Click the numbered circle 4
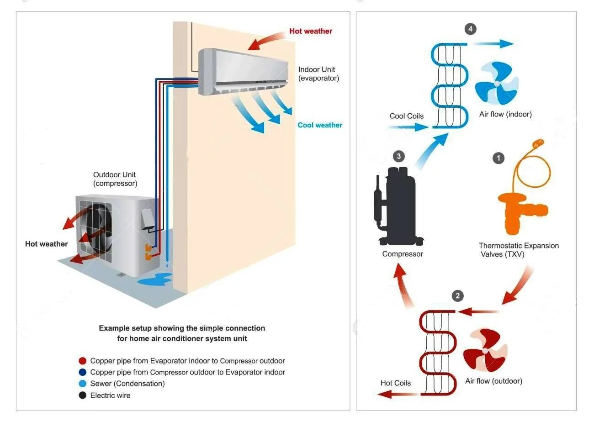pyautogui.click(x=470, y=29)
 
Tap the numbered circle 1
pyautogui.click(x=499, y=158)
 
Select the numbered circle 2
pyautogui.click(x=458, y=296)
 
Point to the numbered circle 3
pyautogui.click(x=399, y=157)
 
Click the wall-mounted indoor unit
pyautogui.click(x=243, y=73)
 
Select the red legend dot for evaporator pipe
pyautogui.click(x=83, y=361)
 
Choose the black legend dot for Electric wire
pyautogui.click(x=83, y=395)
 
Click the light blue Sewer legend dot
pyautogui.click(x=83, y=384)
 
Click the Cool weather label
pyautogui.click(x=320, y=125)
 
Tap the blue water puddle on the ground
pyautogui.click(x=155, y=279)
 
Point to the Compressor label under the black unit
pyautogui.click(x=403, y=254)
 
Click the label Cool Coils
pyautogui.click(x=407, y=116)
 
